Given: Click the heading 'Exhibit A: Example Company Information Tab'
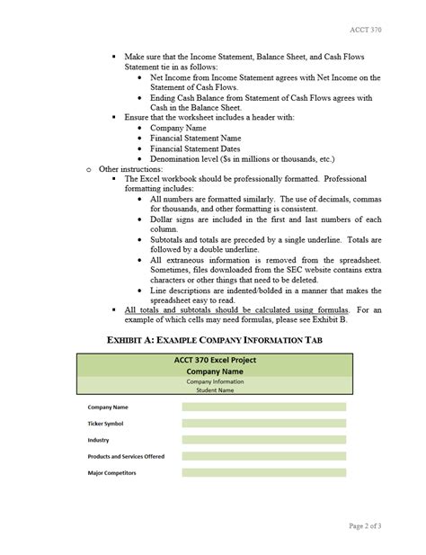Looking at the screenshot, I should click(214, 339).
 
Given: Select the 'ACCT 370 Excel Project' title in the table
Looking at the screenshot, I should click(214, 360).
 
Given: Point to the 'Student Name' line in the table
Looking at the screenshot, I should click(214, 390).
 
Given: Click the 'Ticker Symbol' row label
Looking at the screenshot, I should click(106, 424).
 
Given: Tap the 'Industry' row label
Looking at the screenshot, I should click(98, 440).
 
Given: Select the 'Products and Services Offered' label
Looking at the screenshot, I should click(126, 456).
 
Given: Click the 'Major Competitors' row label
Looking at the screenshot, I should click(111, 472).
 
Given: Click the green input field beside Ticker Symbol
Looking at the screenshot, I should click(263, 424).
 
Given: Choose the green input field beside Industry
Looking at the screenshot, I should click(263, 440).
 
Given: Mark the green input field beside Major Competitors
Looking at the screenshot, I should click(263, 472).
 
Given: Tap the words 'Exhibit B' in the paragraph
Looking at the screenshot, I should click(314, 319).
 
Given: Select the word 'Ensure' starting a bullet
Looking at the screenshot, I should click(136, 117).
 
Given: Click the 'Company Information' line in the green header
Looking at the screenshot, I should click(214, 380).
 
